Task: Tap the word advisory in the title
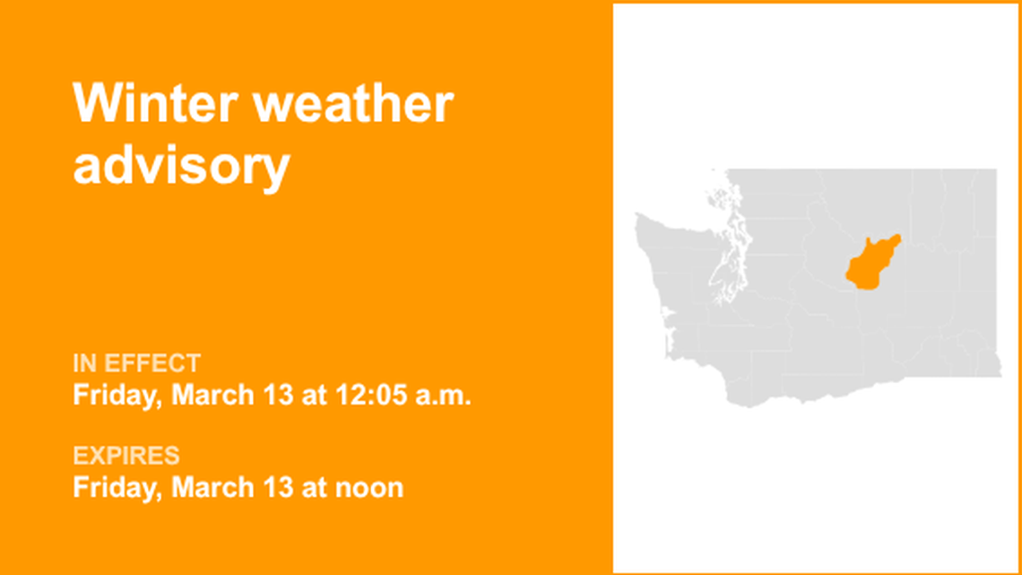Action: click(x=181, y=165)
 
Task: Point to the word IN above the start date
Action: click(x=85, y=363)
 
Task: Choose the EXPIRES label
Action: click(x=126, y=456)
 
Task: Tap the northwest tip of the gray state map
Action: click(x=638, y=217)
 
